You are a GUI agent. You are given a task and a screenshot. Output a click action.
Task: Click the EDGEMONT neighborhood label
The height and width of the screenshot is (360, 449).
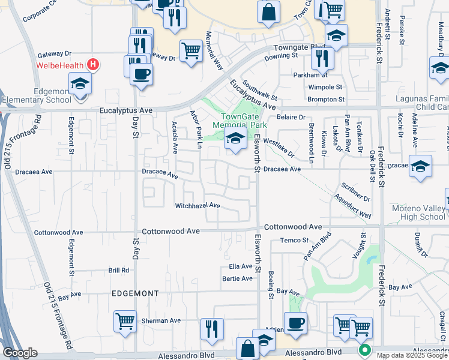pos(135,293)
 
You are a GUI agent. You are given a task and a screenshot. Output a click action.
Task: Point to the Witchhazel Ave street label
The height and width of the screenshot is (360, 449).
pos(197,206)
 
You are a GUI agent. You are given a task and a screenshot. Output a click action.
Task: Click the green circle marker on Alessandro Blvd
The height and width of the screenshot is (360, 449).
pos(363,350)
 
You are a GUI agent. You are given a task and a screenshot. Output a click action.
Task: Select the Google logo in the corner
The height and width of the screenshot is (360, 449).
pos(20,352)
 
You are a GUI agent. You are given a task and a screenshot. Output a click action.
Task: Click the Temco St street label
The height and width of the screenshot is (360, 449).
pos(294,241)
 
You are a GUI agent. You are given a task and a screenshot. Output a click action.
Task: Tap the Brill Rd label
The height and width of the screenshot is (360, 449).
pos(119,271)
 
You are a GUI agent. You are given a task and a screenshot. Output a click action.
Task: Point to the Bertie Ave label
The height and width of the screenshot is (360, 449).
pos(238,278)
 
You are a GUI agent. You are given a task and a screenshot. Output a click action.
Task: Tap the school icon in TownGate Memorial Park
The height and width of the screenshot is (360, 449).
pos(235,140)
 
